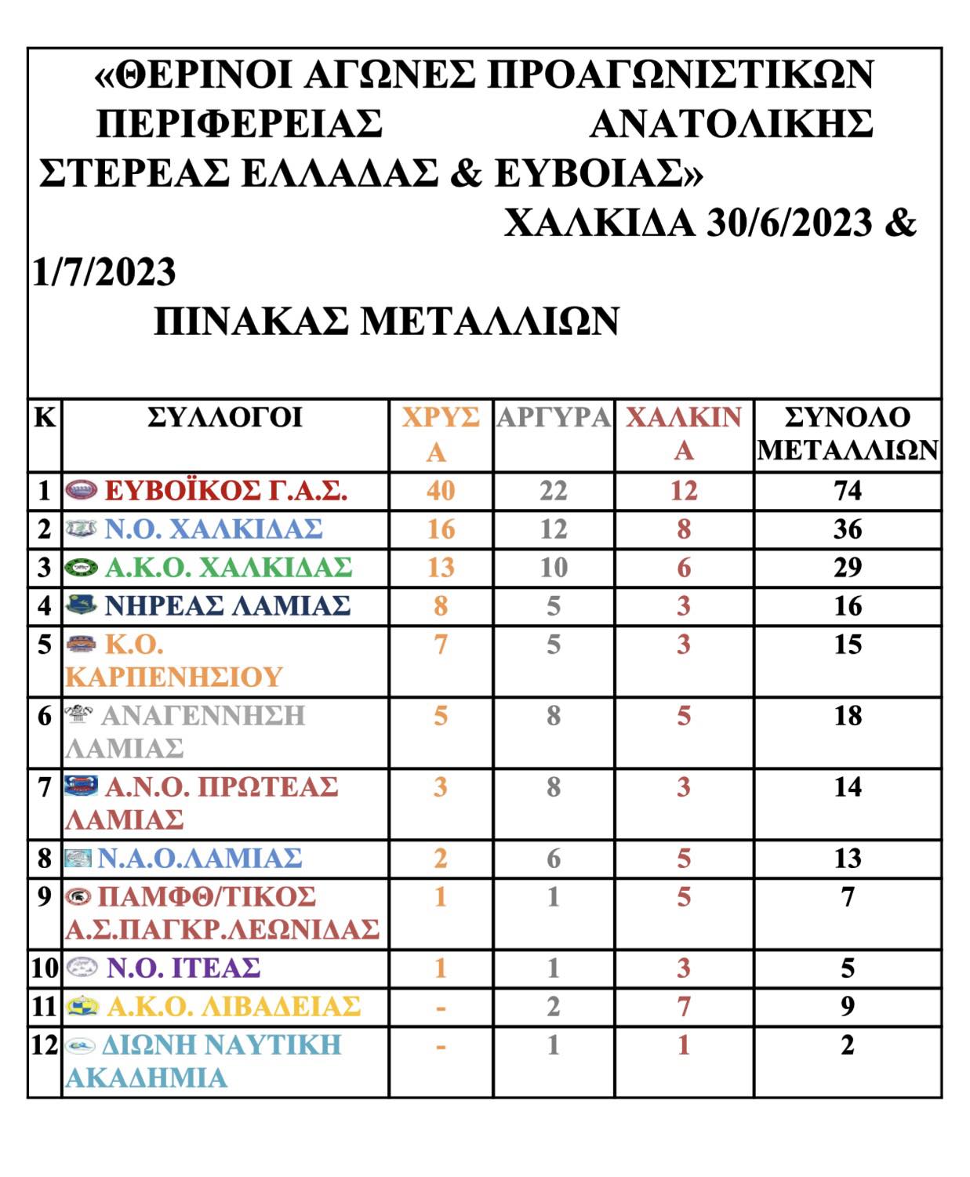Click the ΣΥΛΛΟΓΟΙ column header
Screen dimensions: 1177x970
pyautogui.click(x=225, y=417)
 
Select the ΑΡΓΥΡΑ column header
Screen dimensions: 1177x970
pyautogui.click(x=553, y=417)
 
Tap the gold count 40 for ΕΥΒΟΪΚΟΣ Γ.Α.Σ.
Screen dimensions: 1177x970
pyautogui.click(x=441, y=491)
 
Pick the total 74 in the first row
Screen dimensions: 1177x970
pyautogui.click(x=848, y=491)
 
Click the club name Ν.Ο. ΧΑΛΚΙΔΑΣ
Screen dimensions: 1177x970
pyautogui.click(x=213, y=529)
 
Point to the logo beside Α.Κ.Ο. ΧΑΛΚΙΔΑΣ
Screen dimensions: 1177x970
pyautogui.click(x=82, y=567)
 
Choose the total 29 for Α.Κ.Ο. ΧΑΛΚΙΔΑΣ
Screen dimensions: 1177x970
pyautogui.click(x=848, y=567)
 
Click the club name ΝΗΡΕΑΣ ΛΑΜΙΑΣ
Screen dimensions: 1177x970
pyautogui.click(x=227, y=605)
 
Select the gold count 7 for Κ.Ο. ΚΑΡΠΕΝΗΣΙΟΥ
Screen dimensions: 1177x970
pyautogui.click(x=441, y=645)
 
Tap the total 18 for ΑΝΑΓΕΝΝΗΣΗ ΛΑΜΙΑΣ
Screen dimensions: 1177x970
pyautogui.click(x=848, y=716)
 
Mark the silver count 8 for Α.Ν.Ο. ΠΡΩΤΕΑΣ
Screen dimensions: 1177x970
pyautogui.click(x=553, y=786)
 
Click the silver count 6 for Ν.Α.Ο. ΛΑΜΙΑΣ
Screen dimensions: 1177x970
pyautogui.click(x=553, y=859)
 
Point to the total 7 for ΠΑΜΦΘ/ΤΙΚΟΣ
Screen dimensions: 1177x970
pyautogui.click(x=848, y=897)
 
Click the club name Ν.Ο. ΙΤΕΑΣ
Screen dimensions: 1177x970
pyautogui.click(x=183, y=968)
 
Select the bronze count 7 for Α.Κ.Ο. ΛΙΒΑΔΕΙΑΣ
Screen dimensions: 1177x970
pyautogui.click(x=684, y=1006)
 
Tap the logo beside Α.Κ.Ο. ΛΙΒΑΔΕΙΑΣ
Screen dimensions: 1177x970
pyautogui.click(x=82, y=1006)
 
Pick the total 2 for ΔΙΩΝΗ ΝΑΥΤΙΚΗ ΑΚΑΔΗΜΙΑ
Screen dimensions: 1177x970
pyautogui.click(x=848, y=1045)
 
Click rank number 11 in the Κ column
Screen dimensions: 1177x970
pyautogui.click(x=45, y=1006)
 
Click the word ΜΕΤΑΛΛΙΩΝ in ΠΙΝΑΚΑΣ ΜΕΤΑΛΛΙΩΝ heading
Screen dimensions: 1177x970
pyautogui.click(x=490, y=321)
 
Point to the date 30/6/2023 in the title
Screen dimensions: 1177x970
pyautogui.click(x=789, y=223)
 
